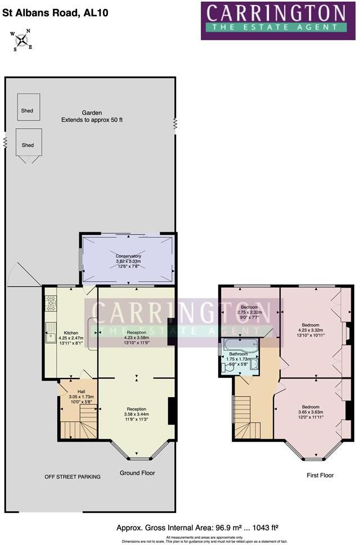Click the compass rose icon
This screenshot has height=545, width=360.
[x=21, y=40]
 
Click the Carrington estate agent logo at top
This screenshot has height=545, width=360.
[x=278, y=20]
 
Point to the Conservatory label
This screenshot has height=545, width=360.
[x=128, y=259]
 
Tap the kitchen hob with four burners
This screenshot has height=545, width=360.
[x=51, y=304]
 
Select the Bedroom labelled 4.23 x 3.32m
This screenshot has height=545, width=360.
[x=310, y=328]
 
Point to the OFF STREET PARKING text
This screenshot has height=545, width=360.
[x=73, y=477]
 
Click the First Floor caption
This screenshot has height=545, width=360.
[x=320, y=475]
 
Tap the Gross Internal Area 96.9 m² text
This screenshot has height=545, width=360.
[x=197, y=528]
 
